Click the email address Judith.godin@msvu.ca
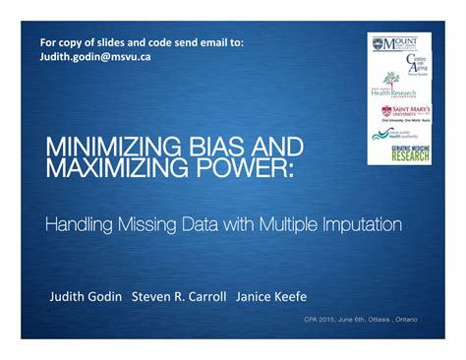click(x=94, y=56)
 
